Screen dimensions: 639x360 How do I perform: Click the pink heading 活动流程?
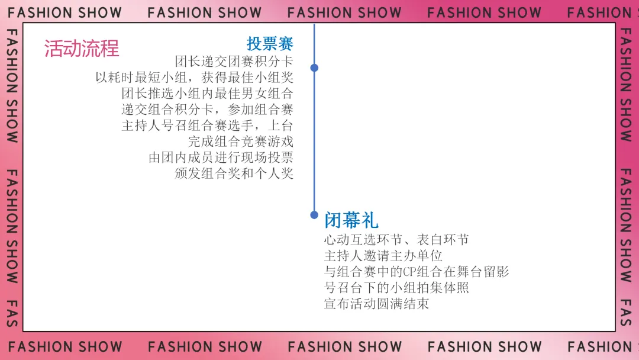pyautogui.click(x=82, y=48)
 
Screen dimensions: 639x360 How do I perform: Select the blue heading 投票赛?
pyautogui.click(x=270, y=43)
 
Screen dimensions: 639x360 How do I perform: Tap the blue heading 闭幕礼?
pyautogui.click(x=351, y=220)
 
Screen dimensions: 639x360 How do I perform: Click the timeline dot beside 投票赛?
pyautogui.click(x=314, y=67)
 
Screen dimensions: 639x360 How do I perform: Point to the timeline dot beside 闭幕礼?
pyautogui.click(x=314, y=215)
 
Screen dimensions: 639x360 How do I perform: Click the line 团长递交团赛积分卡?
pyautogui.click(x=234, y=61)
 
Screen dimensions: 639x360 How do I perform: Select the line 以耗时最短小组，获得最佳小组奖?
pyautogui.click(x=194, y=77)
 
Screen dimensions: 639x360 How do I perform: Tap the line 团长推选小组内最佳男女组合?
pyautogui.click(x=208, y=93)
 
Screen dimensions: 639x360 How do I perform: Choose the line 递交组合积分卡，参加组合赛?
pyautogui.click(x=208, y=109)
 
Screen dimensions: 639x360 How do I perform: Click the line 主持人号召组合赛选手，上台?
pyautogui.click(x=208, y=126)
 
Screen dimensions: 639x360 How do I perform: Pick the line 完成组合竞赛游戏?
pyautogui.click(x=241, y=142)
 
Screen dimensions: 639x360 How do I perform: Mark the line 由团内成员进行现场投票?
pyautogui.click(x=221, y=157)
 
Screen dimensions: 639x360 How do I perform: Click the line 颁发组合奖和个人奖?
pyautogui.click(x=234, y=173)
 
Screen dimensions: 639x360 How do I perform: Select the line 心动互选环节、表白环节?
pyautogui.click(x=396, y=239)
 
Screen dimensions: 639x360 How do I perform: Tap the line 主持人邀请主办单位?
pyautogui.click(x=383, y=256)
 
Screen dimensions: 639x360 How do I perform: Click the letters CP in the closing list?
pyautogui.click(x=410, y=272)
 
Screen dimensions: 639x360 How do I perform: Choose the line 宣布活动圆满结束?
pyautogui.click(x=376, y=304)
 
